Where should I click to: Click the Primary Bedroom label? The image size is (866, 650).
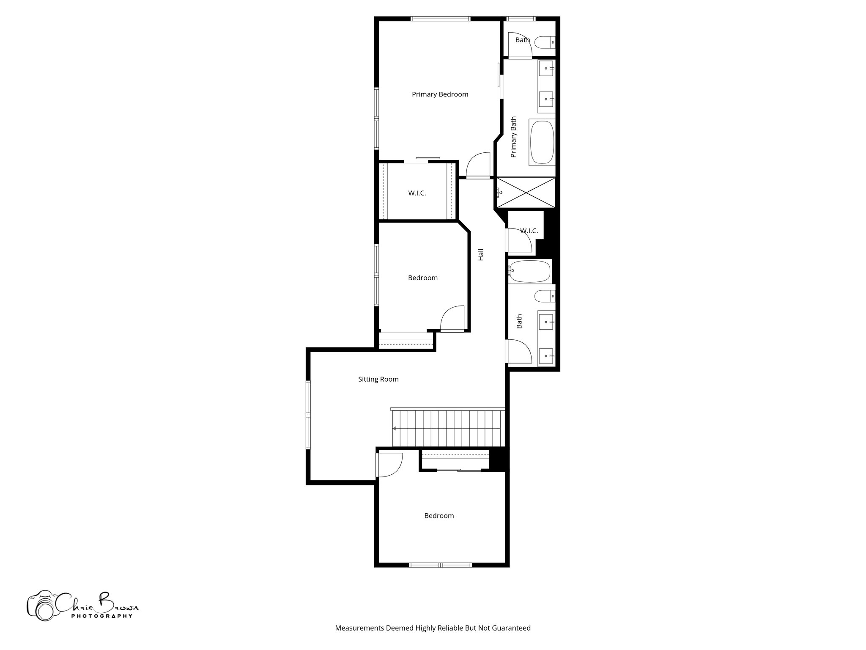440,94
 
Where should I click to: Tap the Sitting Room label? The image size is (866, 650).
378,379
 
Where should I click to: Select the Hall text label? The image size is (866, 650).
481,254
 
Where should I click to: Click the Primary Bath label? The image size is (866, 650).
514,137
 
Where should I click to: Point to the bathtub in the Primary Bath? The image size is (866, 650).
542,142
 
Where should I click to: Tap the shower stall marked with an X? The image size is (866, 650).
526,193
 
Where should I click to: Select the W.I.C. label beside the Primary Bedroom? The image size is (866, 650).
417,193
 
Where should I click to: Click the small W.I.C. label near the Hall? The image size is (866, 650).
529,231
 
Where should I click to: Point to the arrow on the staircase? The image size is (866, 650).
394,429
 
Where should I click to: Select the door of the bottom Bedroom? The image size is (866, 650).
389,464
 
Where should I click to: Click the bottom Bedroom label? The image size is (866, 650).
439,515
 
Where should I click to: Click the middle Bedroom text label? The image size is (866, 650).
422,278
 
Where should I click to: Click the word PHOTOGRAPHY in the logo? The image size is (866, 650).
101,616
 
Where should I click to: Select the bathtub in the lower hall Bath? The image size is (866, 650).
530,271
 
